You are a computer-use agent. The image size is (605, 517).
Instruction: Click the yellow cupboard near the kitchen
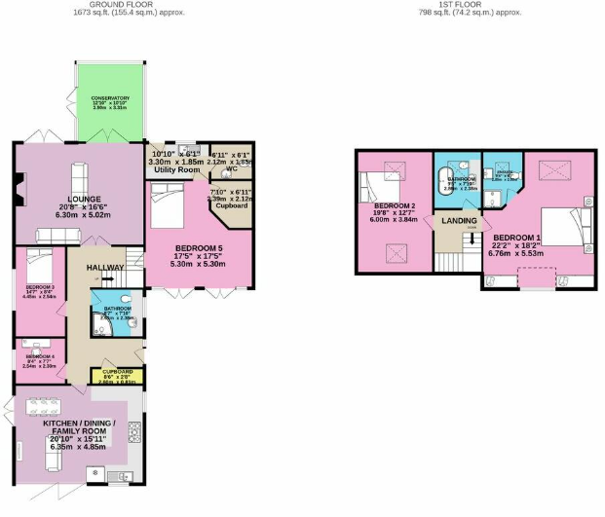click(x=116, y=375)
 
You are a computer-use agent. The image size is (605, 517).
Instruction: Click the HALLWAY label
click(x=105, y=268)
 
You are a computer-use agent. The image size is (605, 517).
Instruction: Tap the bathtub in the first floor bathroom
click(x=449, y=187)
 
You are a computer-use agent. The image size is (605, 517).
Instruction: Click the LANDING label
click(x=459, y=221)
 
